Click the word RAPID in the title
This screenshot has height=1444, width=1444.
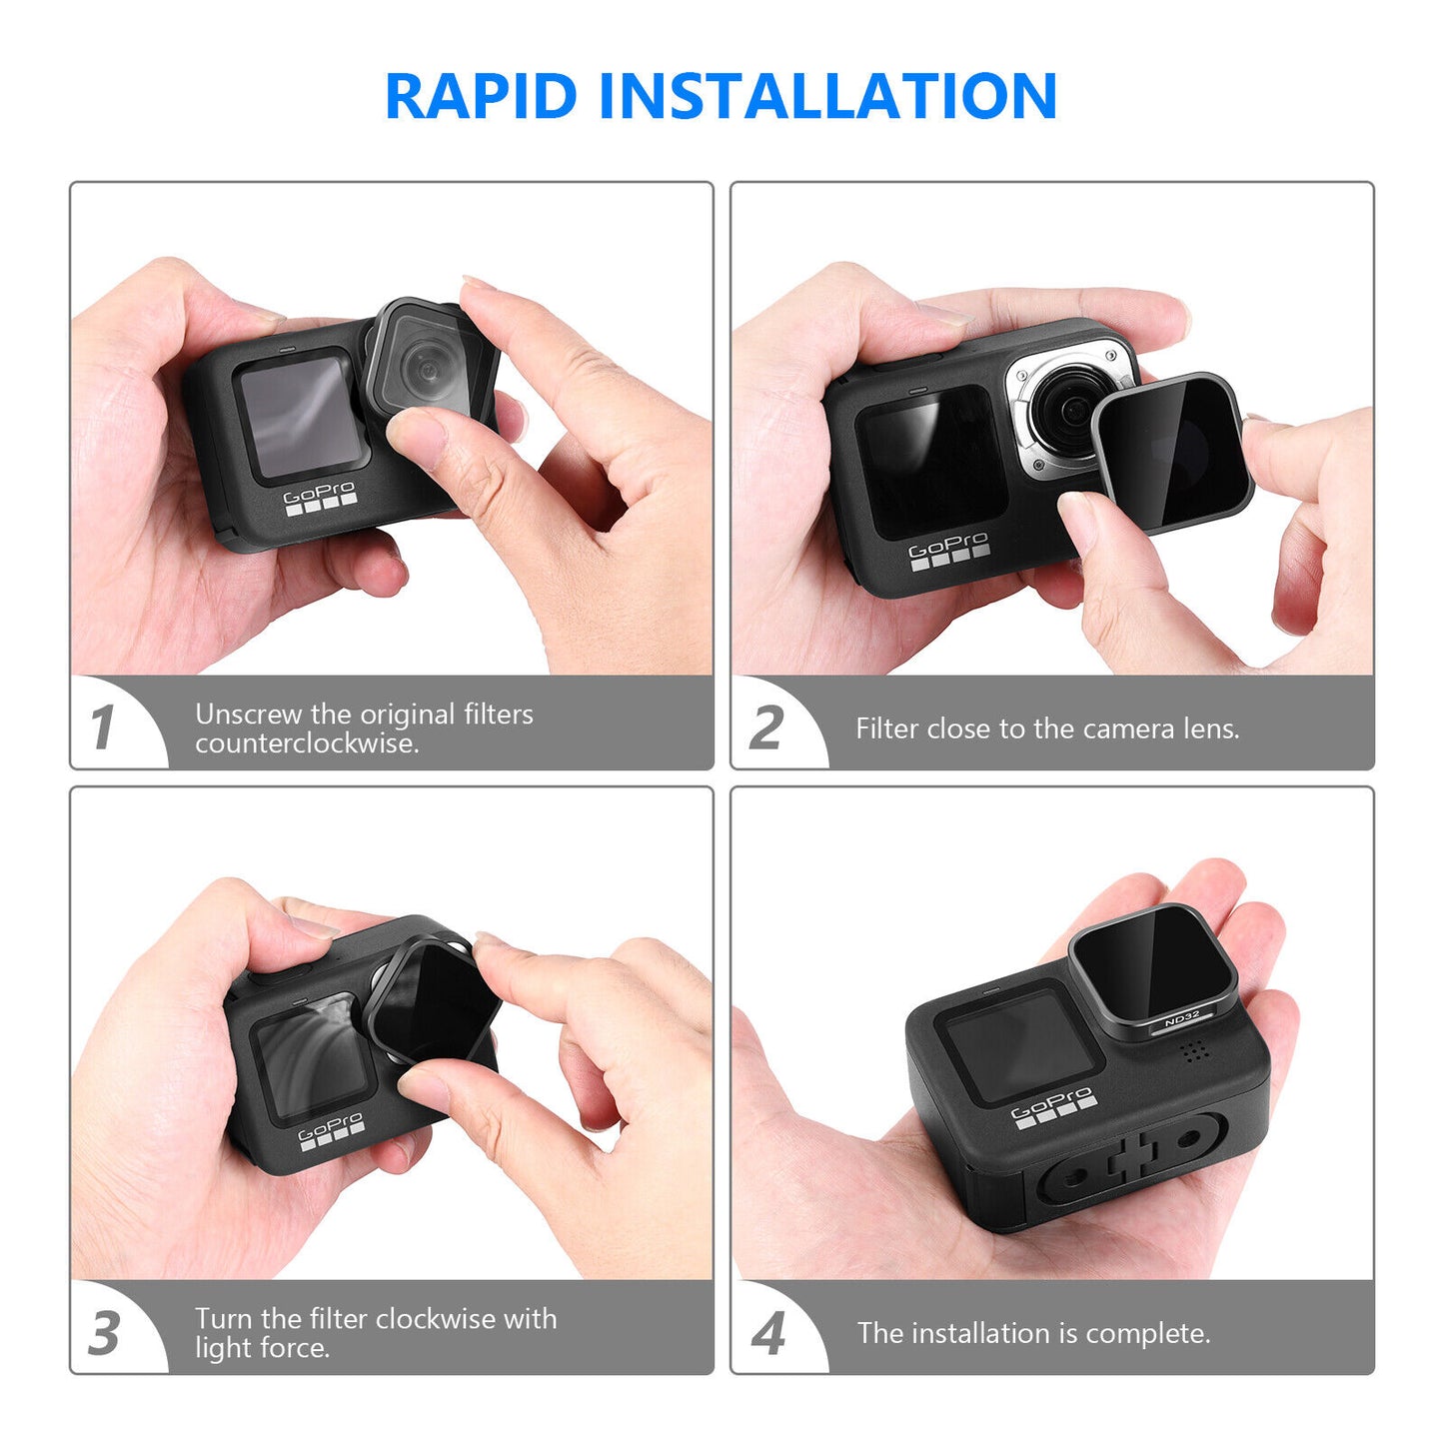(481, 97)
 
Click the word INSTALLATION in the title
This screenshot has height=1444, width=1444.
(827, 97)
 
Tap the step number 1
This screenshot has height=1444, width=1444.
(102, 726)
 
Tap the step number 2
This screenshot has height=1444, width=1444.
(765, 726)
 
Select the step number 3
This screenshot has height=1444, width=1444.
(104, 1333)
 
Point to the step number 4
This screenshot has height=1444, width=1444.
(767, 1333)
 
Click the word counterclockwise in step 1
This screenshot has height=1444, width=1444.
(306, 743)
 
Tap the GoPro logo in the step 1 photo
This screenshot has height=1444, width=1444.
(320, 497)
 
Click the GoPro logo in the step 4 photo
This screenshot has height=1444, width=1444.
(1052, 1106)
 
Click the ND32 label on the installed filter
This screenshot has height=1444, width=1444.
(1181, 1020)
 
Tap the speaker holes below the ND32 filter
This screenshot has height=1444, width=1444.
(1190, 1051)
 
